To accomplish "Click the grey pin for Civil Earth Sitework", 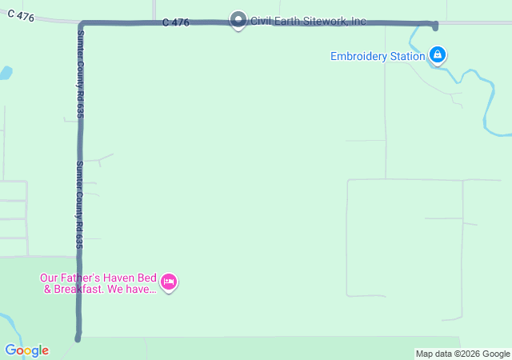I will [x=238, y=19].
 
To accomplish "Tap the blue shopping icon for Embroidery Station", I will [x=437, y=54].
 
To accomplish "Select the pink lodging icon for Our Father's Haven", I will [x=169, y=282].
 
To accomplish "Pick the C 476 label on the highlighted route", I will [x=175, y=22].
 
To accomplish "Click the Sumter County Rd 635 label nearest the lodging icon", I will [x=79, y=205].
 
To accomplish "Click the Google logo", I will [x=26, y=350].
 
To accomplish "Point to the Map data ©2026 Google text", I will [x=462, y=354].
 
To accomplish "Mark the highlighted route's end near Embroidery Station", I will [x=434, y=26].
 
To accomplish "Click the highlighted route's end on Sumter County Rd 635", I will [x=78, y=338].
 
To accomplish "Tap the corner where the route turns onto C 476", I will [x=82, y=24].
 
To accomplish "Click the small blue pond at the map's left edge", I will [x=5, y=73].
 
